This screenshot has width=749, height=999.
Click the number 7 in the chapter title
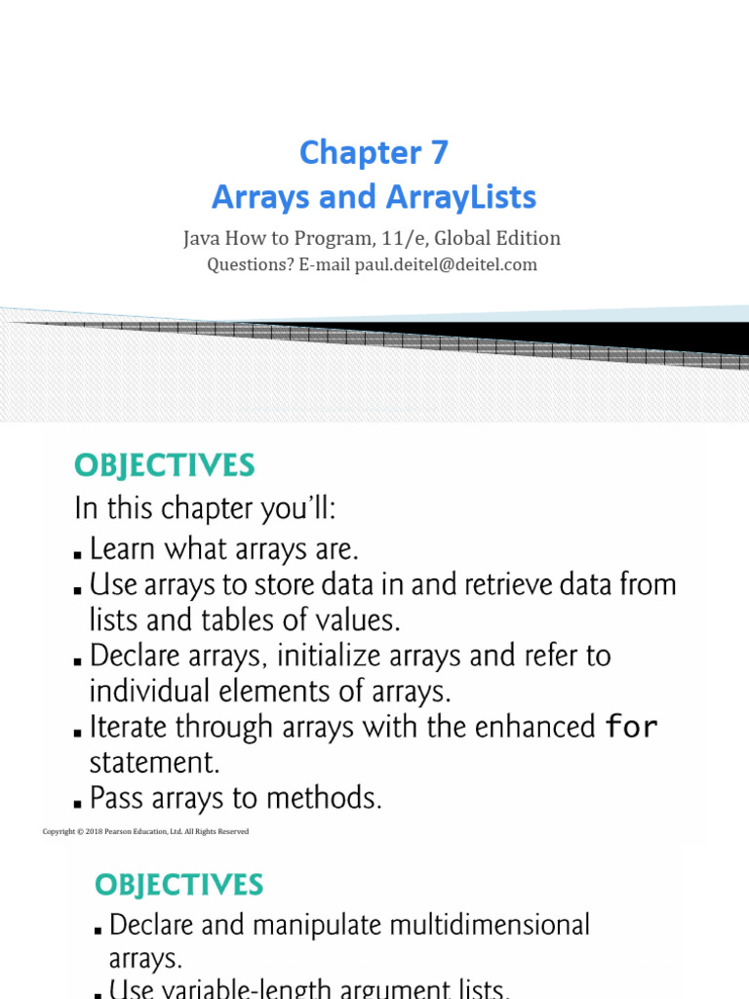click(x=440, y=153)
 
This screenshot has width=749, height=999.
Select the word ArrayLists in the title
click(x=461, y=197)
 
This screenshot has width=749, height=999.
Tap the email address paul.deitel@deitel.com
click(x=446, y=264)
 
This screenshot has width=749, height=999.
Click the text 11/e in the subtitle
click(x=405, y=238)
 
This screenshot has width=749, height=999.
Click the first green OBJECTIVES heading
click(x=164, y=465)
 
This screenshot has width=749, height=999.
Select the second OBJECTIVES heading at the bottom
click(x=179, y=886)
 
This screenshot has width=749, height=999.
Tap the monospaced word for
click(x=631, y=726)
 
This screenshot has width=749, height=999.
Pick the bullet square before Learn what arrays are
click(x=78, y=555)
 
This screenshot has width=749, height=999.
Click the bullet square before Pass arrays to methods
click(x=78, y=804)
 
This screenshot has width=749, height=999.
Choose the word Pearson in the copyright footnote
click(x=117, y=831)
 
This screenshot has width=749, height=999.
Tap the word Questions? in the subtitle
click(x=251, y=264)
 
